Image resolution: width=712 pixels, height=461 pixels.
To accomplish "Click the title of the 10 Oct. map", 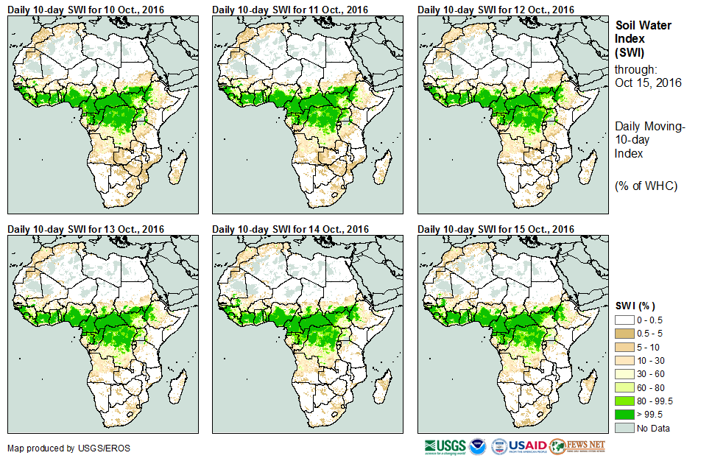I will coord(85,9).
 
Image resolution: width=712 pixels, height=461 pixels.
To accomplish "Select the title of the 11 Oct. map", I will coord(289,9).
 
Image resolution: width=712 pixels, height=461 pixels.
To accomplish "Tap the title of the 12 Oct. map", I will coord(495,9).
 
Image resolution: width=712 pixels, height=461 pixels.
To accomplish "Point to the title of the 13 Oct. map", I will coord(85,229).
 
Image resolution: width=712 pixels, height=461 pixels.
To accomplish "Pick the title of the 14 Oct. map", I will coord(289,229).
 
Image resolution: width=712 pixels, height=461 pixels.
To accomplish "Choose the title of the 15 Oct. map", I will coord(495,229).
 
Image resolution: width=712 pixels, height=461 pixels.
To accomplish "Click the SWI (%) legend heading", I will coord(635,306).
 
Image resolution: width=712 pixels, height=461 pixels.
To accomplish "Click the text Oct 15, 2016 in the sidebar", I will coord(648,82).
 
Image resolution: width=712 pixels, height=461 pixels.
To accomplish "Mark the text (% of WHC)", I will coord(646,185).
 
